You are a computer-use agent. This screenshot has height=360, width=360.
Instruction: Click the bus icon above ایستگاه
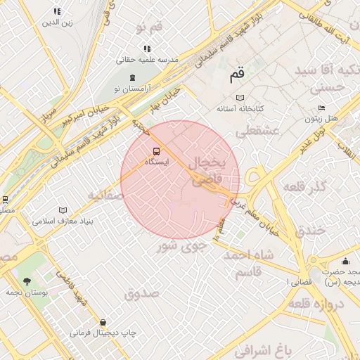click(155, 150)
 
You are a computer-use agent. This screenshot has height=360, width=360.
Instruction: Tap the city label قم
click(236, 72)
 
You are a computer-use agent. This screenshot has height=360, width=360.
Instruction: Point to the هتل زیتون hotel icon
click(321, 108)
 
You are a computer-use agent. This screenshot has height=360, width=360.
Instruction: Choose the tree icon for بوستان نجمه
click(27, 282)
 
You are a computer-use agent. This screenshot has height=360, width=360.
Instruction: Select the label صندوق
click(143, 294)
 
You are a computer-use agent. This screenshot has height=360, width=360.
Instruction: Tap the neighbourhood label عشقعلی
click(257, 131)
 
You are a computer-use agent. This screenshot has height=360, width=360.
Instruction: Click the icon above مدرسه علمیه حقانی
click(147, 49)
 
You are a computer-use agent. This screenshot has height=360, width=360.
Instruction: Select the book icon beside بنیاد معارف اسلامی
click(63, 210)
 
